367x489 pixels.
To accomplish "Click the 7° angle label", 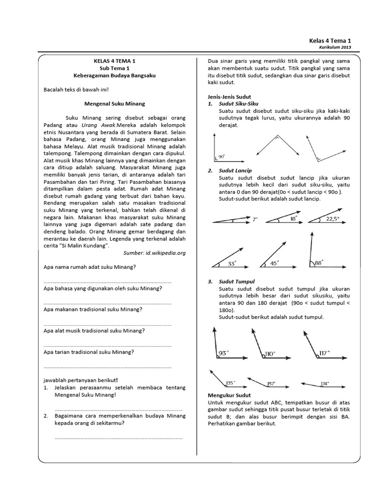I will coord(255,220).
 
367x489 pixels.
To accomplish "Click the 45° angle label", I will coord(275,263).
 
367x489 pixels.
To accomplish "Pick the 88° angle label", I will coord(319,262).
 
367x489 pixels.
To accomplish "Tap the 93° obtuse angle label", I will coord(223,353).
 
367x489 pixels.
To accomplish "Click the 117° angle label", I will coord(325,353).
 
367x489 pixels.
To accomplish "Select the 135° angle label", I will coord(230,383).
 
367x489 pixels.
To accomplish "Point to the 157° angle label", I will coord(271,383).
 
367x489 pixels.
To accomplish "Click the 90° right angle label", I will coord(221,156).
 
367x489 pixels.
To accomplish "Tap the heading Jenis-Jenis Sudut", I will coord(230,96).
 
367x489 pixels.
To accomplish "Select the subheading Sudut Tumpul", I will coord(237,282).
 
